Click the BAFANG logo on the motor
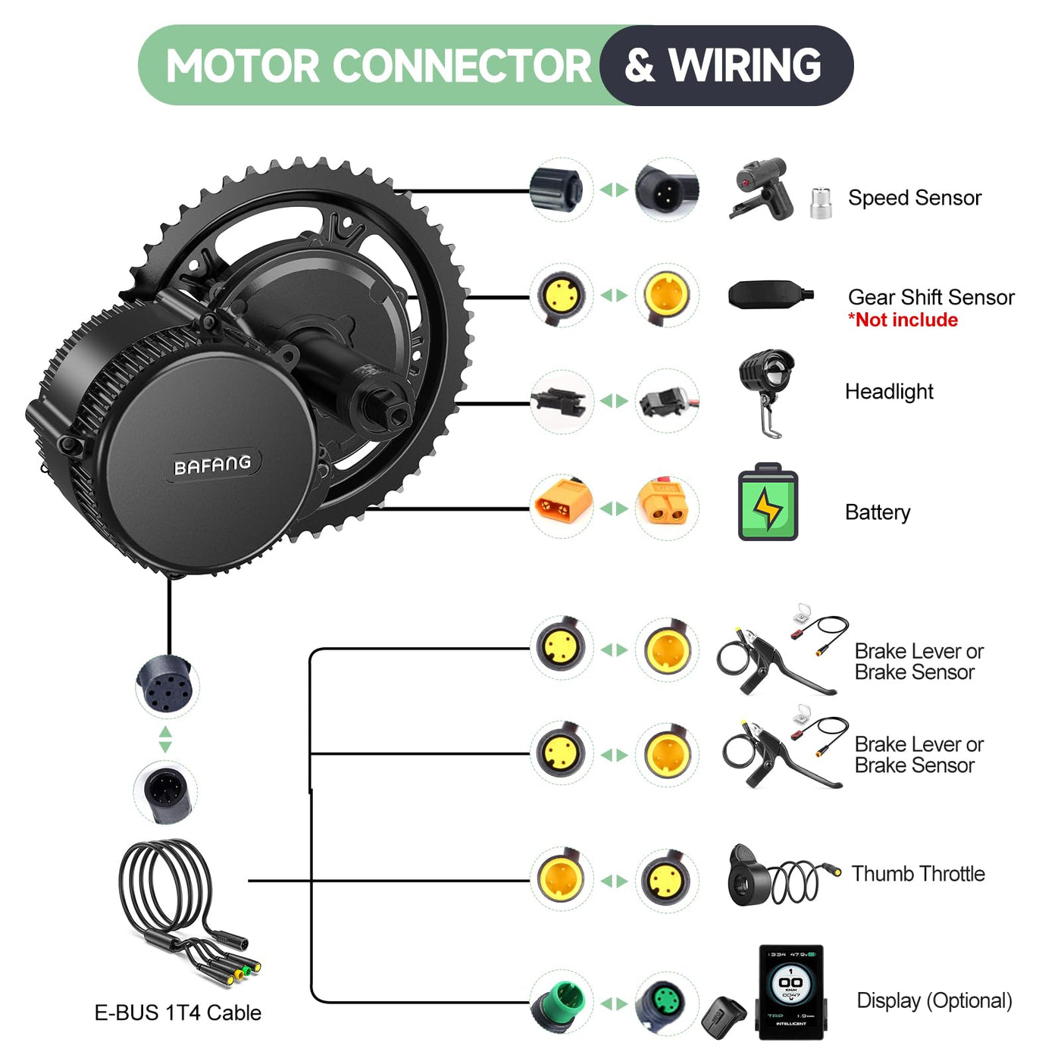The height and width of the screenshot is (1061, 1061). [212, 465]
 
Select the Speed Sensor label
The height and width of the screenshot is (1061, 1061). [914, 198]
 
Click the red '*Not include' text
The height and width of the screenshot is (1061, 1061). [903, 320]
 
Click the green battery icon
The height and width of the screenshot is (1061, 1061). [767, 502]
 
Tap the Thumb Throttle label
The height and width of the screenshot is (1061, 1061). [918, 874]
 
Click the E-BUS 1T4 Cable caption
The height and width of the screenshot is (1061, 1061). [177, 1012]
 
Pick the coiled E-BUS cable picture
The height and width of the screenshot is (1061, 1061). [182, 902]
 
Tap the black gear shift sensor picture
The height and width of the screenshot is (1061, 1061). [768, 295]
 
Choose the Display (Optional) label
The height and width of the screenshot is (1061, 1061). [934, 1000]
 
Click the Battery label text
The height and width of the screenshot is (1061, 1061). [877, 512]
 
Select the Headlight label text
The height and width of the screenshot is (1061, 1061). [888, 392]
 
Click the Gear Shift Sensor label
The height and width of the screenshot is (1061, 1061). [931, 297]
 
